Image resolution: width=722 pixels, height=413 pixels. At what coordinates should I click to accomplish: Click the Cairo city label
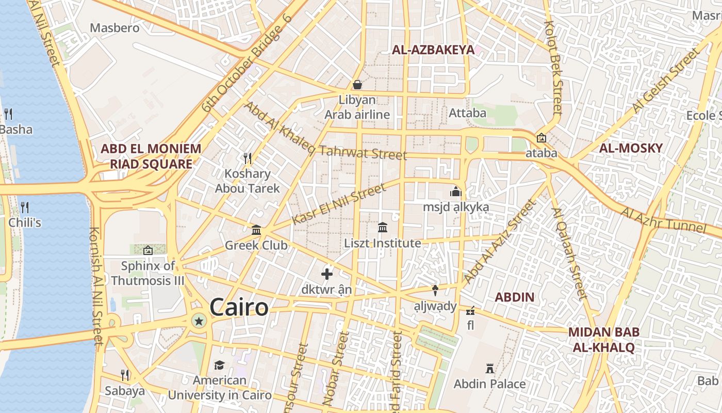click(x=239, y=308)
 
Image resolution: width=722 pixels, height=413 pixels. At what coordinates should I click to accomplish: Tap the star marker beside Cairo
click(x=199, y=322)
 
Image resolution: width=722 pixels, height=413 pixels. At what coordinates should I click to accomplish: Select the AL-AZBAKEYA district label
click(x=433, y=50)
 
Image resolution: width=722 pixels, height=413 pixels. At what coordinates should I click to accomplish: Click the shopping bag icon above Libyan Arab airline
click(x=357, y=85)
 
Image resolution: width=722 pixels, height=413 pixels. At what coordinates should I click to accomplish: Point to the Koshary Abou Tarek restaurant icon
click(x=248, y=158)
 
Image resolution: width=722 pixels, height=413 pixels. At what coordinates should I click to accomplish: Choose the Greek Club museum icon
click(x=256, y=230)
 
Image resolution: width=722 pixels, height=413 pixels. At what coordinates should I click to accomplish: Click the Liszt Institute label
click(x=383, y=243)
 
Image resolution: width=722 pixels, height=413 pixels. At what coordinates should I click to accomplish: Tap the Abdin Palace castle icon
click(x=490, y=369)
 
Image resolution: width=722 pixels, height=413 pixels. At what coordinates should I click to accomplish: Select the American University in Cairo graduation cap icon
click(x=219, y=365)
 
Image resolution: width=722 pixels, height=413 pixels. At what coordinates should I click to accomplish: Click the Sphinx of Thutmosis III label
click(x=147, y=274)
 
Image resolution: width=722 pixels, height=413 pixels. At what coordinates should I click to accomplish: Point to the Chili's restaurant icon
click(x=24, y=208)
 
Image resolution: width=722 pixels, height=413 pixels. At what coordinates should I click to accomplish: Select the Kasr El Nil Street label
click(x=339, y=204)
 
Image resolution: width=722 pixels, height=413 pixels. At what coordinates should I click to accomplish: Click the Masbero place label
click(x=114, y=28)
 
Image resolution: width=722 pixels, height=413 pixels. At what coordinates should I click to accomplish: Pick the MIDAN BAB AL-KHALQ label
click(x=604, y=340)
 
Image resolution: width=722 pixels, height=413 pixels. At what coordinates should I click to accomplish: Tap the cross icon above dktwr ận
click(x=326, y=274)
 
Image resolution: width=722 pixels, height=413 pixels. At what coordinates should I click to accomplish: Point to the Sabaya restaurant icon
click(x=124, y=375)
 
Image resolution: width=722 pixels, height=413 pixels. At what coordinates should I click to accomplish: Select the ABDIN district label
click(x=514, y=297)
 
